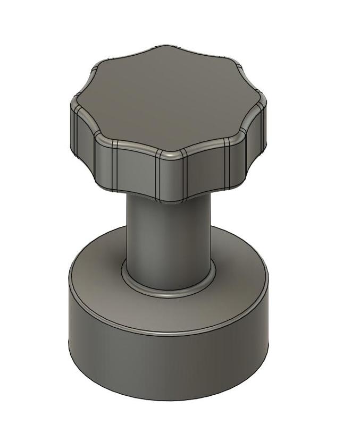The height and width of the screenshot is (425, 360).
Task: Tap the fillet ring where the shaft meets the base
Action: pos(168,290)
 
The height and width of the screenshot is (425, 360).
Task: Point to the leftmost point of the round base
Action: pos(69,308)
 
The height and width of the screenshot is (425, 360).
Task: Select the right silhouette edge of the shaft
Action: pos(211,234)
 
